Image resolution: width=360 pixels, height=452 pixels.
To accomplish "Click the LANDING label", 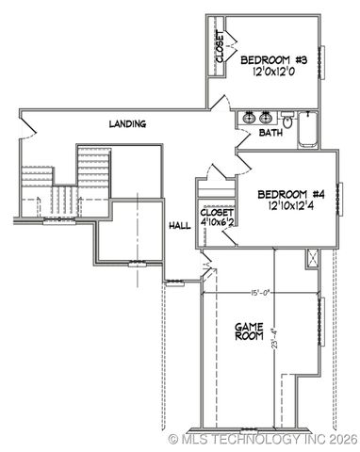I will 127,123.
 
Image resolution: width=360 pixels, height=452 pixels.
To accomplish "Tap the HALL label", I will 179,225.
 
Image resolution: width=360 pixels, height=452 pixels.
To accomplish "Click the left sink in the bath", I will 249,119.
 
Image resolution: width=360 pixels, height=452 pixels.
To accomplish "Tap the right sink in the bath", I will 267,119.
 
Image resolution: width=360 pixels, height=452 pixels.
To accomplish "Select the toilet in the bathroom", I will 286,119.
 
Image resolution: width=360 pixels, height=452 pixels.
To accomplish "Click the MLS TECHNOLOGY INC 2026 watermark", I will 262,439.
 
